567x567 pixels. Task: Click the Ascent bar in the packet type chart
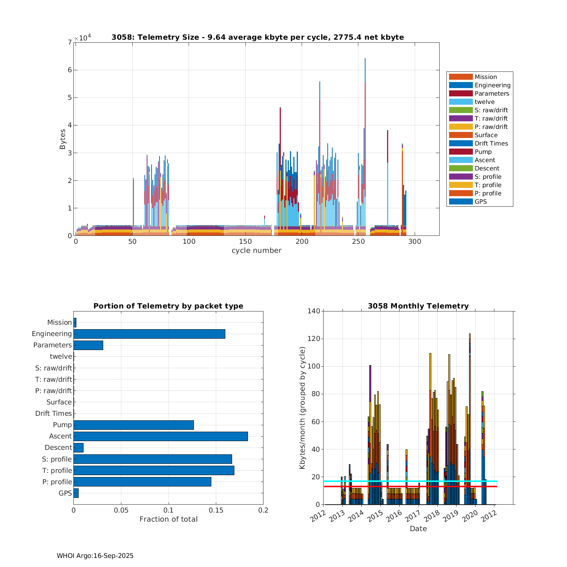pyautogui.click(x=161, y=436)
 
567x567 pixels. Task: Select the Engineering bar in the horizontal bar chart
pyautogui.click(x=149, y=334)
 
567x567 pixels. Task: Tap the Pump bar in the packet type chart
pyautogui.click(x=133, y=425)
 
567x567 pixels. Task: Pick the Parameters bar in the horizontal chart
pyautogui.click(x=88, y=345)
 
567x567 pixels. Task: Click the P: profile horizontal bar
pyautogui.click(x=142, y=482)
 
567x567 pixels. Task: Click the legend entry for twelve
pyautogui.click(x=485, y=102)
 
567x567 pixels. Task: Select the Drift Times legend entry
pyautogui.click(x=491, y=143)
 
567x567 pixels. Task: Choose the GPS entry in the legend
pyautogui.click(x=480, y=201)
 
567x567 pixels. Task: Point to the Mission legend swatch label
pyautogui.click(x=485, y=77)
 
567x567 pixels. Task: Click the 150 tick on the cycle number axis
pyautogui.click(x=245, y=242)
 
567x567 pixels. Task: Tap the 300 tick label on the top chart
pyautogui.click(x=415, y=242)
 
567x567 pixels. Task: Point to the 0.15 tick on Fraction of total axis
pyautogui.click(x=216, y=510)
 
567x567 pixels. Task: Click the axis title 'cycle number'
pyautogui.click(x=256, y=250)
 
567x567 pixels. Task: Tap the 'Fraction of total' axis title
pyautogui.click(x=168, y=519)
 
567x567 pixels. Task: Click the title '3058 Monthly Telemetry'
pyautogui.click(x=418, y=306)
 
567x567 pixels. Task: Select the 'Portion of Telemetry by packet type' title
pyautogui.click(x=168, y=306)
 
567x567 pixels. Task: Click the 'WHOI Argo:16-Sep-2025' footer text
pyautogui.click(x=95, y=556)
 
